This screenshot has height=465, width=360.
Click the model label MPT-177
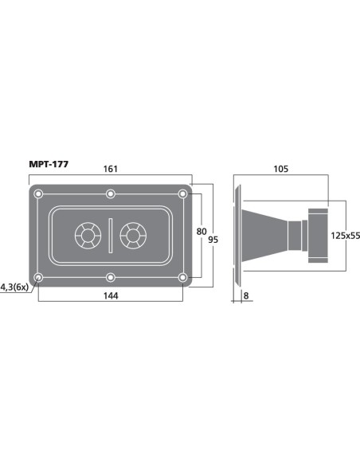point(49,164)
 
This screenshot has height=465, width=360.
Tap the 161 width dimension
point(111,169)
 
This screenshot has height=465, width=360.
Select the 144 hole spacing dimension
point(111,295)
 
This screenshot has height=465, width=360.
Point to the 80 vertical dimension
point(202,232)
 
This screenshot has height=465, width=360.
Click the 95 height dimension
point(213,240)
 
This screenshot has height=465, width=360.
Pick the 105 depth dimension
point(280,169)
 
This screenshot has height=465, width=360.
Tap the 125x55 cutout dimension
point(345,236)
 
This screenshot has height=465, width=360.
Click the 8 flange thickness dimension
point(246,295)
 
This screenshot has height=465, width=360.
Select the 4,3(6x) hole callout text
point(14,287)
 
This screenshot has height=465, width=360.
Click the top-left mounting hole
point(38,194)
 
